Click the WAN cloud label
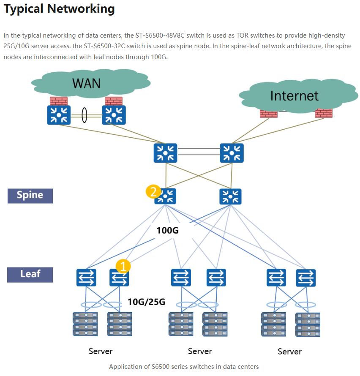point(86,83)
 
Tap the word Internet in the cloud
point(294,96)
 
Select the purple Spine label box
point(30,196)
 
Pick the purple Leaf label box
point(30,274)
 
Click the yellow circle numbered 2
point(153,191)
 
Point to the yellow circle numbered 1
point(123,266)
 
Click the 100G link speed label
point(168,231)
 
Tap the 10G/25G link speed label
point(146,302)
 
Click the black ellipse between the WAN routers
point(84,115)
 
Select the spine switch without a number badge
point(230,196)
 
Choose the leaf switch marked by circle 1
point(119,278)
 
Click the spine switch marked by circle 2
point(165,196)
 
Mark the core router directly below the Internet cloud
point(232,153)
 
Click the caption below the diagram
point(184,366)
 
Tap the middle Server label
point(200,351)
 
